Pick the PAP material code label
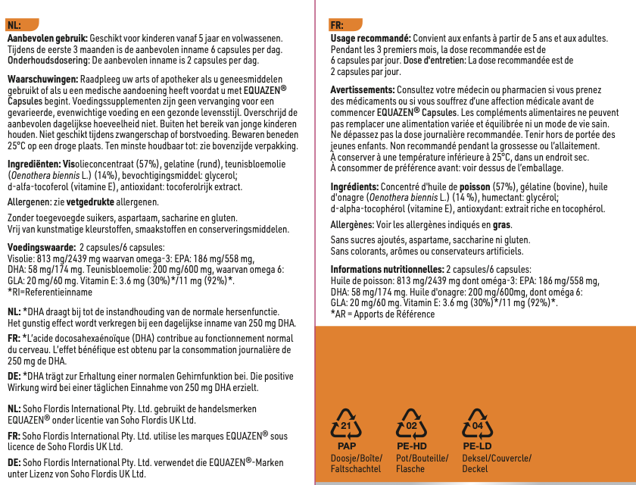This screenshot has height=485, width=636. pyautogui.click(x=346, y=447)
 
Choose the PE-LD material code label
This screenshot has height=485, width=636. pyautogui.click(x=477, y=447)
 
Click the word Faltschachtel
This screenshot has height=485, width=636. pyautogui.click(x=356, y=469)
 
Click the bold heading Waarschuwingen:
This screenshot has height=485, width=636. pyautogui.click(x=42, y=79)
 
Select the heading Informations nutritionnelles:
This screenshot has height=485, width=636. pyautogui.click(x=387, y=269)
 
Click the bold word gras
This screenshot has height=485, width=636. pyautogui.click(x=501, y=225)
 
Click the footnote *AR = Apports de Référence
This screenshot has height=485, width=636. pyautogui.click(x=383, y=313)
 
